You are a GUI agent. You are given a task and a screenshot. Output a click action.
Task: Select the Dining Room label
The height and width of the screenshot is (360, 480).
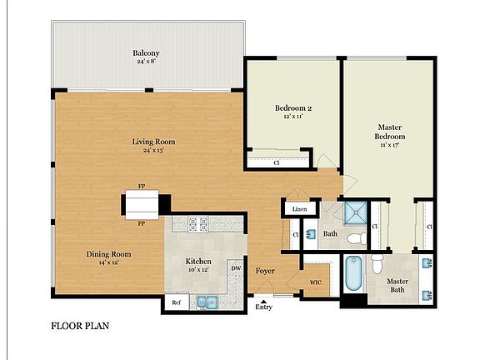pyautogui.click(x=109, y=254)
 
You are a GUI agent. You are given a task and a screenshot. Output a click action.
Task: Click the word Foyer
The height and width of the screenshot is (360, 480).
pyautogui.click(x=265, y=270)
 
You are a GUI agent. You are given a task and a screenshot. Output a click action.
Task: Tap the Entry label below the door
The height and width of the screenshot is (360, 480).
pyautogui.click(x=264, y=307)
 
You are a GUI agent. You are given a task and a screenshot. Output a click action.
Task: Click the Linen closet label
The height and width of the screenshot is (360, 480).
pyautogui.click(x=298, y=208)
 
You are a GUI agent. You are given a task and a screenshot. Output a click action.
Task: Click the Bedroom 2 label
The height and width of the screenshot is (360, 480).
pyautogui.click(x=293, y=108)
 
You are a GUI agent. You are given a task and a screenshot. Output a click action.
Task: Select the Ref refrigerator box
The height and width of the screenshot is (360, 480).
pyautogui.click(x=175, y=303)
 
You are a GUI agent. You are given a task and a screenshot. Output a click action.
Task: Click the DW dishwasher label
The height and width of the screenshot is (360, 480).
pyautogui.click(x=236, y=268)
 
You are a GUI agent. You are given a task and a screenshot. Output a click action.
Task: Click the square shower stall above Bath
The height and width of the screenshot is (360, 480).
pyautogui.click(x=354, y=213)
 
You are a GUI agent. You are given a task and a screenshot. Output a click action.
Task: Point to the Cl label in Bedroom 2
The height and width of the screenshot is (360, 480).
pyautogui.click(x=276, y=162)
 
